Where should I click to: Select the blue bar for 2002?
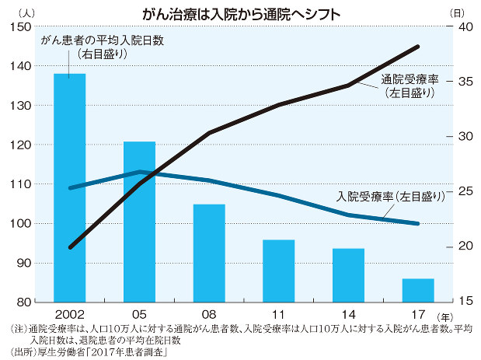click(70, 187)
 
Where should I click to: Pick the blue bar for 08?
click(209, 253)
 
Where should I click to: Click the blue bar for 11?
click(279, 271)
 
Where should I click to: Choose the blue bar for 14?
click(349, 274)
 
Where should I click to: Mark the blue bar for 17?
click(418, 290)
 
